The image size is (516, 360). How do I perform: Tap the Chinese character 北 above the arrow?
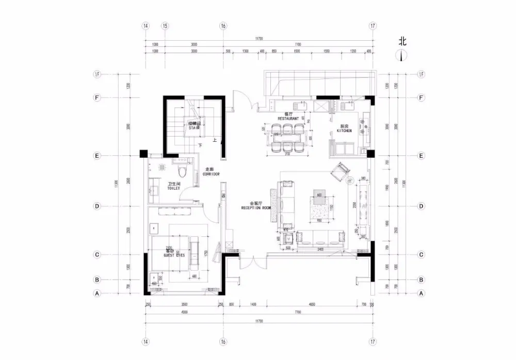(x=402, y=40)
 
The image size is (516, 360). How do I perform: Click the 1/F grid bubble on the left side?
(x=96, y=74)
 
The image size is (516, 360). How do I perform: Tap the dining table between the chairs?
(x=287, y=139)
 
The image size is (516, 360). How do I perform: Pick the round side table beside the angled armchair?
(x=351, y=181)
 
